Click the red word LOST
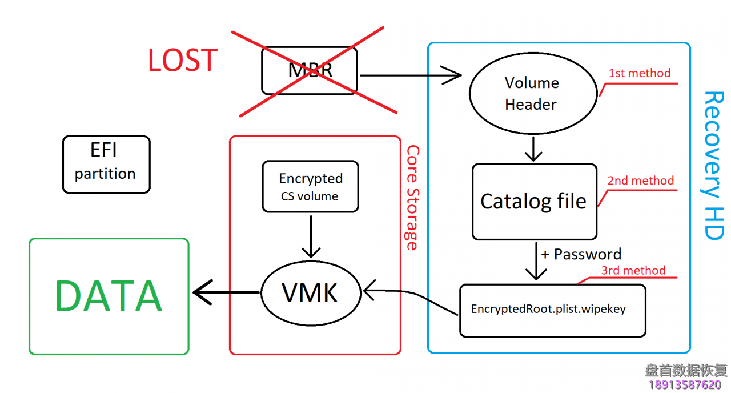183,60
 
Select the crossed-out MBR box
310,70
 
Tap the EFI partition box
106,164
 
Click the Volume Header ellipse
532,94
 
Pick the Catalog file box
534,201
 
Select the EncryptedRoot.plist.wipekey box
552,310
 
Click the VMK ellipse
311,293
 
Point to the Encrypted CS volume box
311,187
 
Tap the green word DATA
109,296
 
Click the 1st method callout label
640,73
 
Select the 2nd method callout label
641,181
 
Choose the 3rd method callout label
633,270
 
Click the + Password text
581,254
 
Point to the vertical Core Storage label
412,198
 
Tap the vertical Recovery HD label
713,166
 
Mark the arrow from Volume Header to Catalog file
533,149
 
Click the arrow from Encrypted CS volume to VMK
311,235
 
